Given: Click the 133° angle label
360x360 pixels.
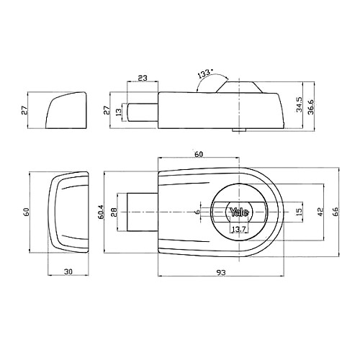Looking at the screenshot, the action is point(205,73).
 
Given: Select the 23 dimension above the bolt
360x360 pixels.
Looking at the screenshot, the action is point(143,78).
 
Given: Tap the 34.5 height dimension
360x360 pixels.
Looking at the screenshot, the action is point(299,104).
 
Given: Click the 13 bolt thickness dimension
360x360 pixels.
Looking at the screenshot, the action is point(119,112).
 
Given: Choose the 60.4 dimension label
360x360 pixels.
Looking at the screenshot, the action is point(100,212).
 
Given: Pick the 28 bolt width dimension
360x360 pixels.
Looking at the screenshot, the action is point(114,212).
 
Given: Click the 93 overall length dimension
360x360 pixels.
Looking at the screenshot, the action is point(221,272).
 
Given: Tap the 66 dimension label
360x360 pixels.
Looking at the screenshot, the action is point(336,212).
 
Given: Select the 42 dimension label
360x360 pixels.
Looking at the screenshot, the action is point(321,212).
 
